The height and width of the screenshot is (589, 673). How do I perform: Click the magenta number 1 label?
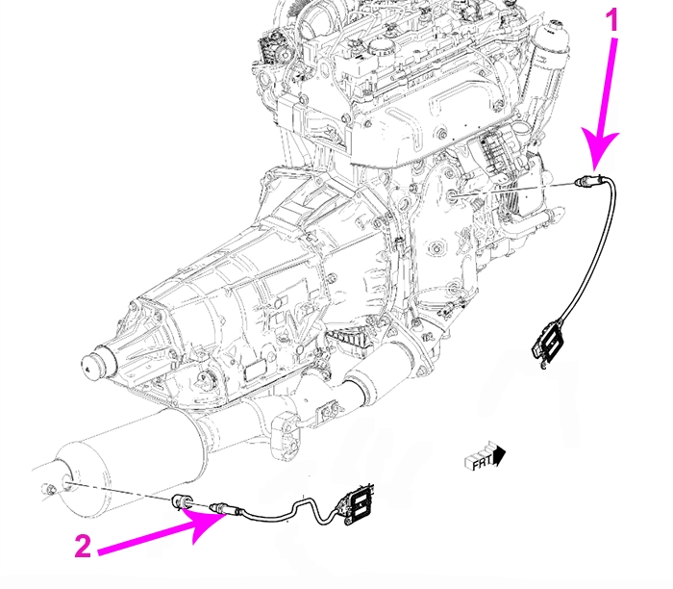pyautogui.click(x=611, y=21)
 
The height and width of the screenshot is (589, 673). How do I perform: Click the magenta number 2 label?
pyautogui.click(x=83, y=547)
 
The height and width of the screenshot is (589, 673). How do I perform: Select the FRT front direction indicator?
pyautogui.click(x=489, y=461)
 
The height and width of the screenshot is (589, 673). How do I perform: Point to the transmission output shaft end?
pyautogui.click(x=93, y=365)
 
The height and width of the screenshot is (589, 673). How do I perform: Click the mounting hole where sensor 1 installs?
pyautogui.click(x=453, y=196)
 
